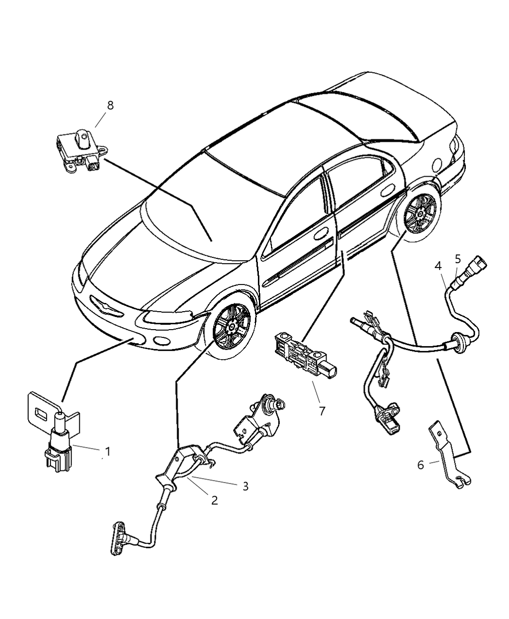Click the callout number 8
coord(110,105)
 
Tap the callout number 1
coord(108,452)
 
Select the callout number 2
coord(215,500)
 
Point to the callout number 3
coord(246,486)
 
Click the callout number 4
coord(438,266)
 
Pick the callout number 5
coord(458,259)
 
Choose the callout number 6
coord(421,473)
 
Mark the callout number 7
coord(322,411)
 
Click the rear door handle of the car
coord(387,191)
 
